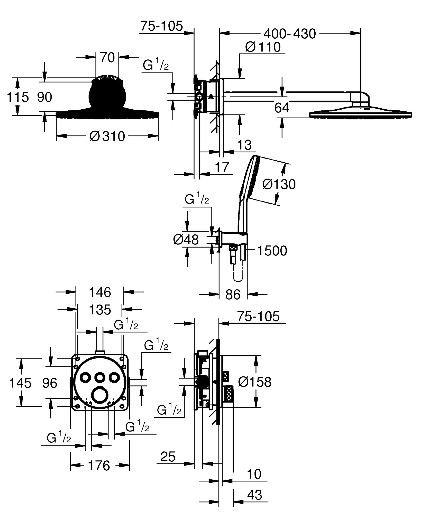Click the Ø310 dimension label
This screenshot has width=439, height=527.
click(107, 136)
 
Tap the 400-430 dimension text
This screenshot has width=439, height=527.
click(290, 34)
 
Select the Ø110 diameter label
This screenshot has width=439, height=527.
click(263, 47)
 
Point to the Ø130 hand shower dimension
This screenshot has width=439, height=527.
click(279, 185)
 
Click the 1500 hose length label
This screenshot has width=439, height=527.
click(272, 251)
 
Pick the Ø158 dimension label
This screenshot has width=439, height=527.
click(255, 382)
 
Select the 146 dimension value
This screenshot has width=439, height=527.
click(100, 292)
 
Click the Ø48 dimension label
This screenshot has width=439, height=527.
click(186, 240)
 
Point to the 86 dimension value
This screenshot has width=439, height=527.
click(233, 295)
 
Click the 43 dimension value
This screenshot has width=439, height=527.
click(255, 495)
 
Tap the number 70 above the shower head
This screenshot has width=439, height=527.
click(107, 58)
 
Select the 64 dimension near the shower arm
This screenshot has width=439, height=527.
click(282, 108)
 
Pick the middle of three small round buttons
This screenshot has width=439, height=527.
click(99, 377)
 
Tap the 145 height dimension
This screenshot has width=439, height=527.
click(20, 383)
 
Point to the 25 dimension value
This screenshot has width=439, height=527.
click(168, 457)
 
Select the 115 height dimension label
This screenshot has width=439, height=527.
click(18, 97)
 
